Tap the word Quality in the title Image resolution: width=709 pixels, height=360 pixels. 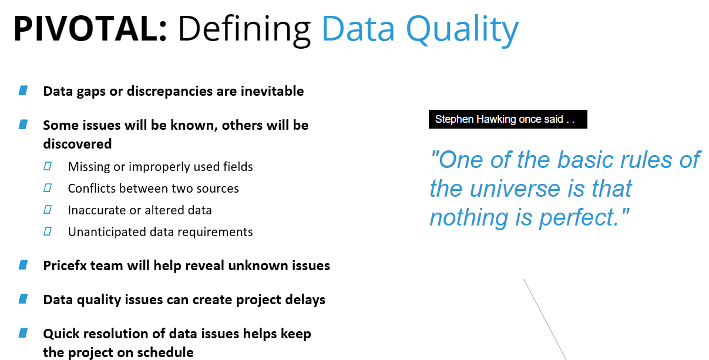point(462,31)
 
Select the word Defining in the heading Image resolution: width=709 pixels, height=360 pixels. point(245,31)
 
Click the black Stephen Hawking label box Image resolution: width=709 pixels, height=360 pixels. point(508,119)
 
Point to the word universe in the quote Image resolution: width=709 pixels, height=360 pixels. point(515,189)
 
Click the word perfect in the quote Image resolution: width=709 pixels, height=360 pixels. point(579,218)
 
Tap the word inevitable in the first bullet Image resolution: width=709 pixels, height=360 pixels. point(272,91)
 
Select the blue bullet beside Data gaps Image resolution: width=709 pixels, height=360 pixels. point(23,90)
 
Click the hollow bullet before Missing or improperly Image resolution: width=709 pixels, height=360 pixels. point(48,166)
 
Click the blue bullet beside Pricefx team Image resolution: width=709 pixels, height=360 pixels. point(23,265)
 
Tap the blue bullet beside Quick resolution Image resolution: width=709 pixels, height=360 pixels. point(23,333)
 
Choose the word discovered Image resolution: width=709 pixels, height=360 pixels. point(78,144)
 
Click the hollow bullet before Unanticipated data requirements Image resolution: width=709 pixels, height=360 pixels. point(48,231)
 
